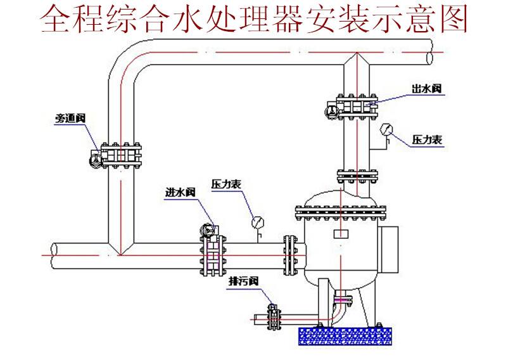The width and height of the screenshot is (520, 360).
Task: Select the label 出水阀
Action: [x=426, y=89]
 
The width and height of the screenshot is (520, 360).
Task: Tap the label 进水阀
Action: [x=178, y=193]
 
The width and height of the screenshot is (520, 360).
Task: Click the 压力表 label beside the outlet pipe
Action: [x=427, y=139]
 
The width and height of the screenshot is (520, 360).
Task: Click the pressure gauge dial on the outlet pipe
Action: [x=386, y=131]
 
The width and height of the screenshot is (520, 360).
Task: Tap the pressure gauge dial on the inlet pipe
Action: [x=258, y=222]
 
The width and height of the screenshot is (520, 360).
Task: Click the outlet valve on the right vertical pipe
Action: [x=357, y=106]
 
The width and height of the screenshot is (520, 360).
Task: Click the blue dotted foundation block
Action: [x=346, y=335]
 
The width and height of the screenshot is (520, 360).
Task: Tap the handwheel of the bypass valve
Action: [x=94, y=159]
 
